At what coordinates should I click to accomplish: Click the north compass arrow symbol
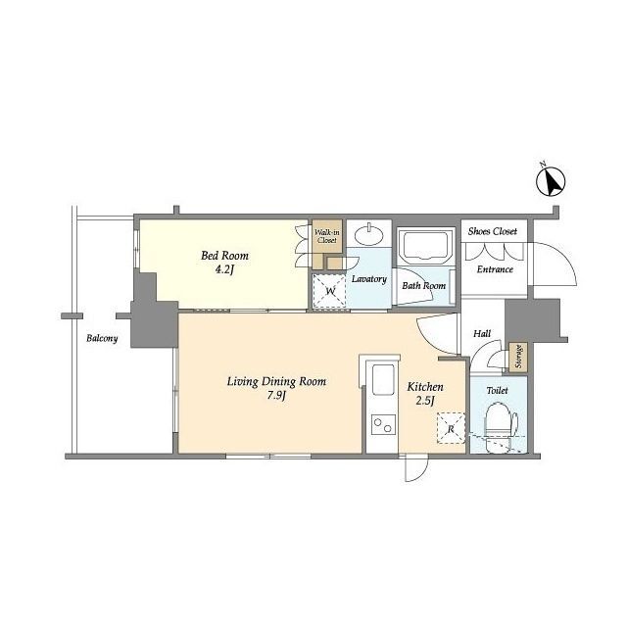click(x=551, y=181)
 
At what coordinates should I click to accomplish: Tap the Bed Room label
click(x=224, y=255)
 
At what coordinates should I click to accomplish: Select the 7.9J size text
click(x=276, y=396)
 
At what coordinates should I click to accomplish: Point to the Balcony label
click(x=102, y=339)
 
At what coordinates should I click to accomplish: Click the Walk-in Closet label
click(x=327, y=236)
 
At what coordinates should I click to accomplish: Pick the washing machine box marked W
click(x=329, y=291)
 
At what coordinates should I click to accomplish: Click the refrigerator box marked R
click(x=451, y=428)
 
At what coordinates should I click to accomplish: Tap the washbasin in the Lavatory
click(x=369, y=235)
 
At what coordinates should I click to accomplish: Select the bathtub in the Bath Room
click(x=425, y=246)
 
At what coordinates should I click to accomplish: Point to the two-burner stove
click(x=383, y=424)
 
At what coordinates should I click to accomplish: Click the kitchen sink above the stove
click(x=383, y=380)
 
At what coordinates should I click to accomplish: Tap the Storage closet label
click(x=518, y=357)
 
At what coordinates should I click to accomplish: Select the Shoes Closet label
click(x=493, y=231)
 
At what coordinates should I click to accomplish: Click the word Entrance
click(x=495, y=269)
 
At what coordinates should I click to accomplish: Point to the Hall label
click(x=482, y=333)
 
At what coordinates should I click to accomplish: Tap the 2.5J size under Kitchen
click(x=424, y=401)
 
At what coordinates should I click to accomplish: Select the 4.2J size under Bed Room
click(x=224, y=269)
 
